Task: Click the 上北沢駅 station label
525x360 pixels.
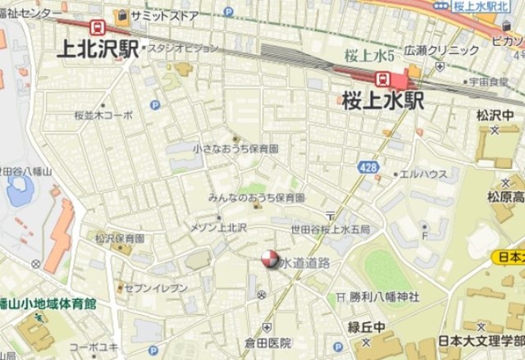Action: tap(97, 49)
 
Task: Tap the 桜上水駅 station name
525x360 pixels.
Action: tap(383, 100)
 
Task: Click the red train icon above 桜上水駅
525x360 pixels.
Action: tap(382, 78)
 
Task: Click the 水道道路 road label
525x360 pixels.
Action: tap(304, 262)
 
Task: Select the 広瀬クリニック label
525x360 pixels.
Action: tap(441, 50)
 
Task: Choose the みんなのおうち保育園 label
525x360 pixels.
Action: tap(256, 198)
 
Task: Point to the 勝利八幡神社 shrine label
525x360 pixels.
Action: tap(384, 296)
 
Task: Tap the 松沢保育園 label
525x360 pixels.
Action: tap(119, 239)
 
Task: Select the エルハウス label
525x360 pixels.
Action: tap(422, 174)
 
